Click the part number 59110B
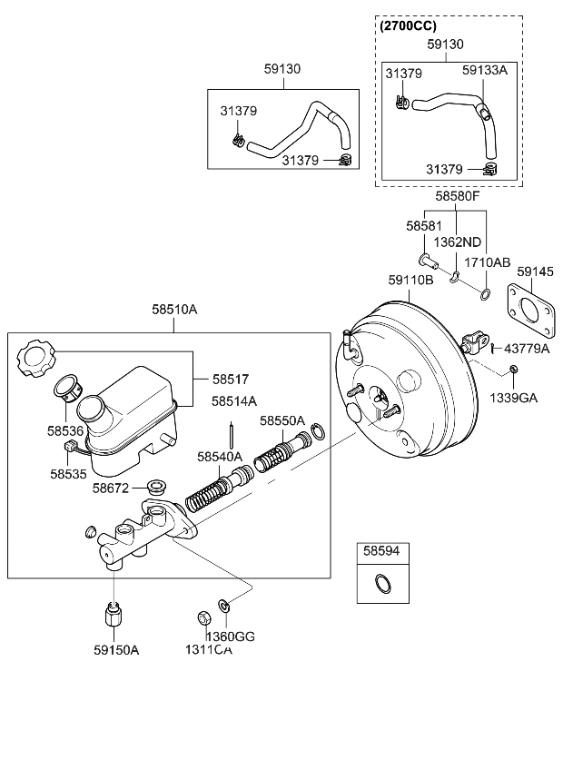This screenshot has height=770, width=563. point(411,281)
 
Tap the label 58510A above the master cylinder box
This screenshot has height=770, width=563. point(174,310)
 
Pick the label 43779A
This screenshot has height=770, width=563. point(527,349)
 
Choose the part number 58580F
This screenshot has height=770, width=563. point(456,196)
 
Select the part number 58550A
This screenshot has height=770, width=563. point(281,420)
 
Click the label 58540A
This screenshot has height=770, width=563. point(220,457)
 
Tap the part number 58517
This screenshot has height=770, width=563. point(230,380)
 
